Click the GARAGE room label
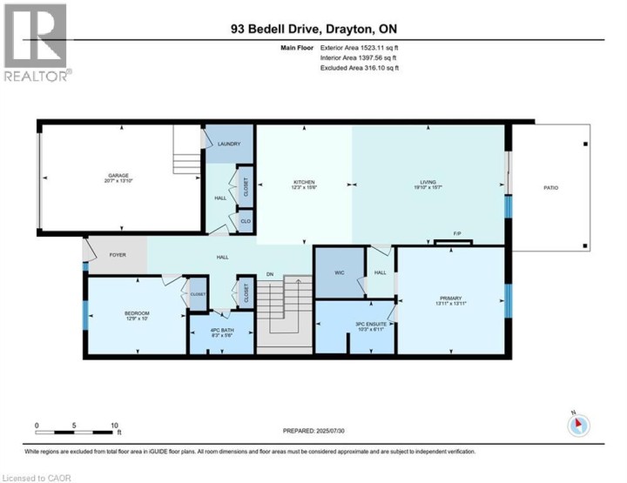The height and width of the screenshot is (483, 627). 118,175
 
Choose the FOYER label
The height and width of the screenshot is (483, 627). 118,256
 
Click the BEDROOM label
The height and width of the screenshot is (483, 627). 137,313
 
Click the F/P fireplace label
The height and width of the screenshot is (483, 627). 455,233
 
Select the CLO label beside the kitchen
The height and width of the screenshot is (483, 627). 246,222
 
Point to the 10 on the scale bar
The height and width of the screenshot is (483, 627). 115,426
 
